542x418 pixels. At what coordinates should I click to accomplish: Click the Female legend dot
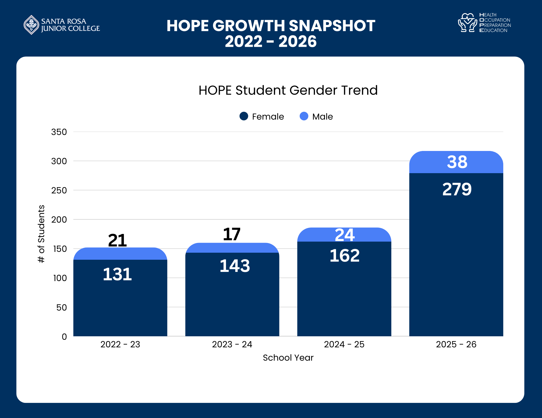click(244, 116)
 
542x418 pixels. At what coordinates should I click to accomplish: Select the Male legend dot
click(304, 116)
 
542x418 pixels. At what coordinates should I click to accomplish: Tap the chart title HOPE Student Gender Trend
click(288, 90)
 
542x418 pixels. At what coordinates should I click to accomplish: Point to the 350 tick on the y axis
click(59, 132)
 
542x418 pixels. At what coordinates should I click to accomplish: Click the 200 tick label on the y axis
click(59, 220)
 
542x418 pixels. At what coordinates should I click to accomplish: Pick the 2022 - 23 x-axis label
click(120, 344)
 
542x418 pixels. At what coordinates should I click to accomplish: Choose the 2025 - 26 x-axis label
click(456, 344)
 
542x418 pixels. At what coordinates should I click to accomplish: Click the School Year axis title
click(288, 358)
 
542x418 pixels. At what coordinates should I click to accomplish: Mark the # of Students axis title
click(41, 234)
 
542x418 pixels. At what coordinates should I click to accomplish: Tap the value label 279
click(457, 189)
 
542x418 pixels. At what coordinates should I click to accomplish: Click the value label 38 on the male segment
click(457, 162)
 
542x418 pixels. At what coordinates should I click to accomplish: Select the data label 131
click(117, 274)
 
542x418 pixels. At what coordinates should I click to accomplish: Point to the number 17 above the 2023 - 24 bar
click(232, 234)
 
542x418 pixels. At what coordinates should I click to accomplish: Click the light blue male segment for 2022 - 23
click(120, 254)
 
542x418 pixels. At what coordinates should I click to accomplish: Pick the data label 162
click(344, 255)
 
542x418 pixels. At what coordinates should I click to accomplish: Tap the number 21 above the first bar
click(117, 240)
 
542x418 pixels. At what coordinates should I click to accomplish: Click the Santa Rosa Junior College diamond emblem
click(32, 25)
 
